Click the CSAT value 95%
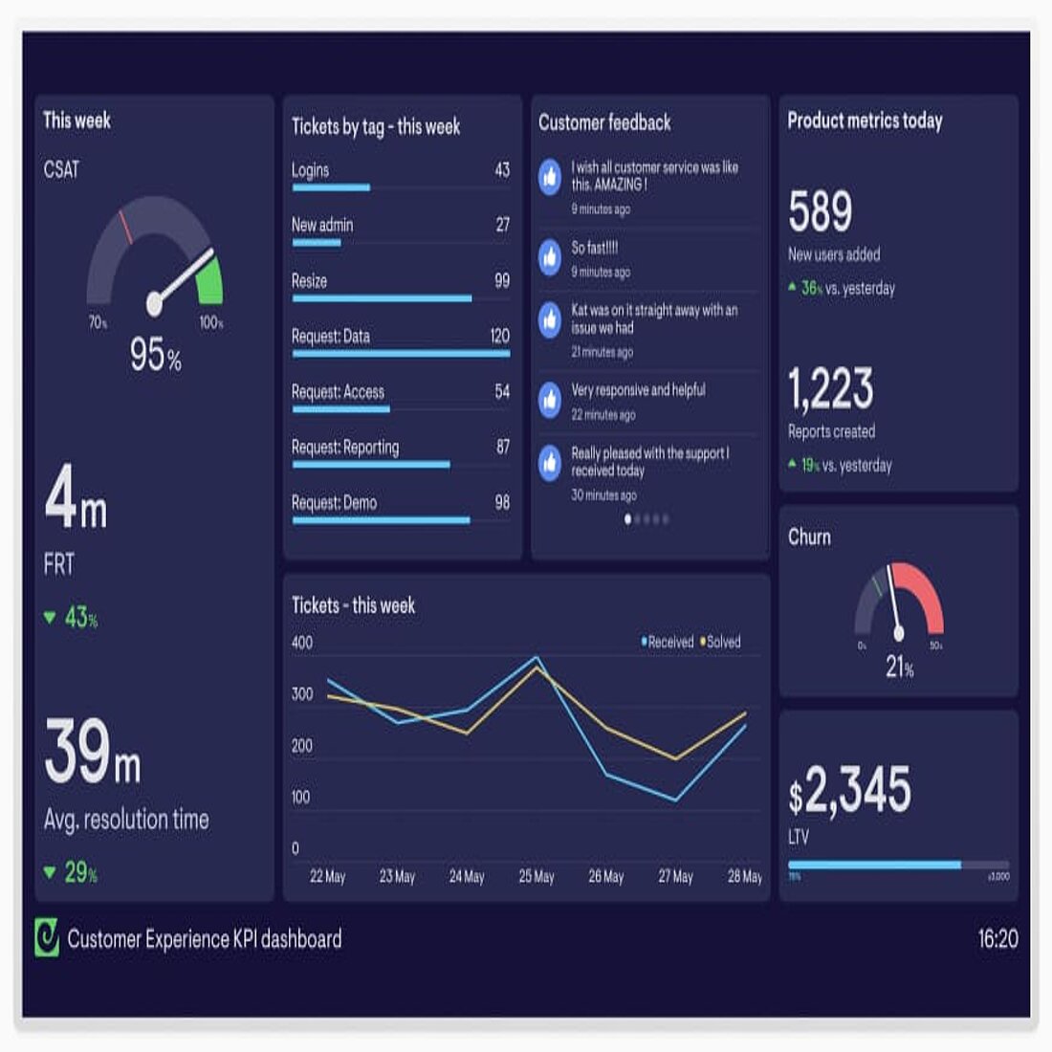pyautogui.click(x=155, y=355)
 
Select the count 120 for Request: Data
pyautogui.click(x=499, y=336)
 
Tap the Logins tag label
pyautogui.click(x=310, y=170)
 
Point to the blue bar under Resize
pyautogui.click(x=382, y=298)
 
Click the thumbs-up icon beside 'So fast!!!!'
pyautogui.click(x=550, y=256)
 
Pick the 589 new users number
pyautogui.click(x=820, y=211)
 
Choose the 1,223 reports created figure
pyautogui.click(x=830, y=388)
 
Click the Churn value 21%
pyautogui.click(x=899, y=667)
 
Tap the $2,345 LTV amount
pyautogui.click(x=849, y=790)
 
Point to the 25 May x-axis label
pyautogui.click(x=537, y=876)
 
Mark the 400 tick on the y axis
pyautogui.click(x=302, y=643)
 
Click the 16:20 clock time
pyautogui.click(x=997, y=938)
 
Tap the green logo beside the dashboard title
pyautogui.click(x=46, y=938)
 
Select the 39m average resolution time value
pyautogui.click(x=92, y=754)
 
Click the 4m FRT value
pyautogui.click(x=76, y=498)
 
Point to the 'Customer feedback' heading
pyautogui.click(x=604, y=122)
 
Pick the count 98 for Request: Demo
pyautogui.click(x=502, y=502)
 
